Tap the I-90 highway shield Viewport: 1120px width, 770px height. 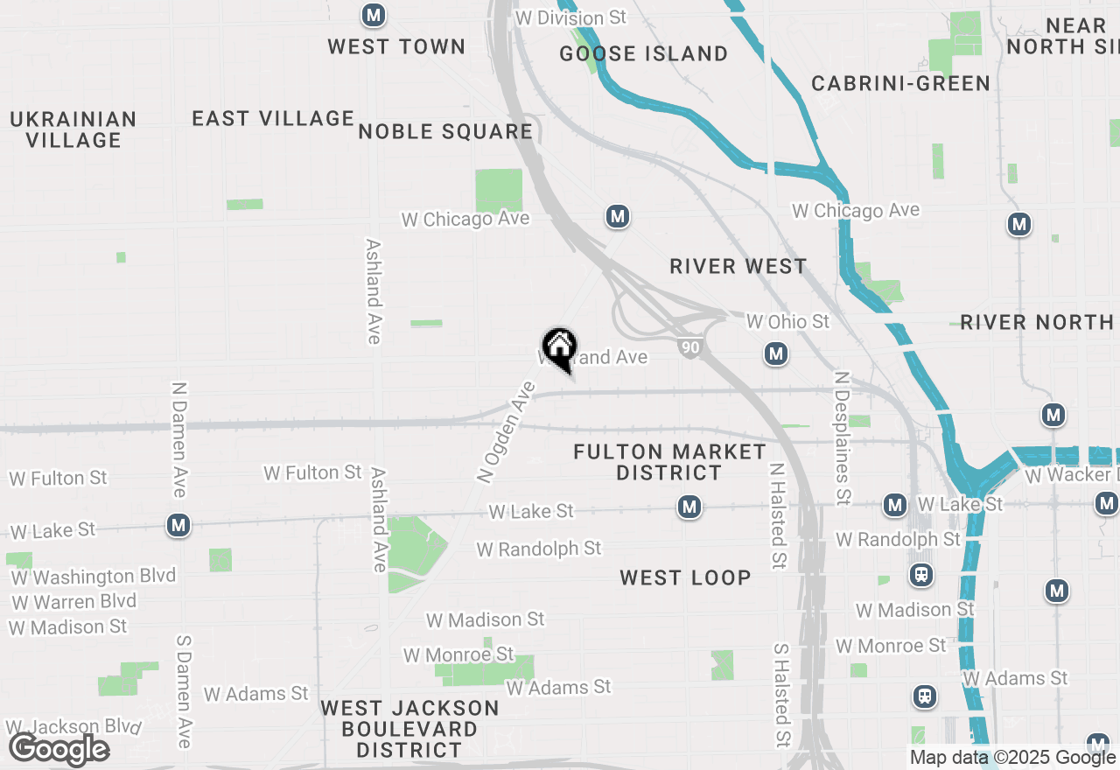pyautogui.click(x=690, y=348)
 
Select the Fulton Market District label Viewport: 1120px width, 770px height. pyautogui.click(x=670, y=462)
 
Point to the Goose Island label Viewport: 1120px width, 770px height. pyautogui.click(x=644, y=53)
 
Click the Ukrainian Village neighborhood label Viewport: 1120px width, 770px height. pyautogui.click(x=73, y=129)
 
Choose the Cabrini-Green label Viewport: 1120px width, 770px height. pyautogui.click(x=900, y=83)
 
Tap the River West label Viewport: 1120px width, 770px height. pyautogui.click(x=738, y=266)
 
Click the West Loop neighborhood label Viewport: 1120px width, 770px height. pyautogui.click(x=685, y=577)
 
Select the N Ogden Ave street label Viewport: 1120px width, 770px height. pyautogui.click(x=506, y=431)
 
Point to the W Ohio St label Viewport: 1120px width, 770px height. pyautogui.click(x=787, y=322)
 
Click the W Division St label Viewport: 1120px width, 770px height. pyautogui.click(x=571, y=17)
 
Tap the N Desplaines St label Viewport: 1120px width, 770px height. pyautogui.click(x=843, y=438)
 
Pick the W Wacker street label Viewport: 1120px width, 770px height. pyautogui.click(x=1071, y=475)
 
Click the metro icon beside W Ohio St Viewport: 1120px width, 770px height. pyautogui.click(x=775, y=353)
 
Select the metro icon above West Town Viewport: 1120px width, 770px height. pyautogui.click(x=374, y=15)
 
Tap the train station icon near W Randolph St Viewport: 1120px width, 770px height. pyautogui.click(x=920, y=575)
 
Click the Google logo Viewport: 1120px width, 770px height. pyautogui.click(x=59, y=749)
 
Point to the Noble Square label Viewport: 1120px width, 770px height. pyautogui.click(x=445, y=131)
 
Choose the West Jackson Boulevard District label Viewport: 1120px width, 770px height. pyautogui.click(x=409, y=729)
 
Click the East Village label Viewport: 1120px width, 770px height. pyautogui.click(x=273, y=118)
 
